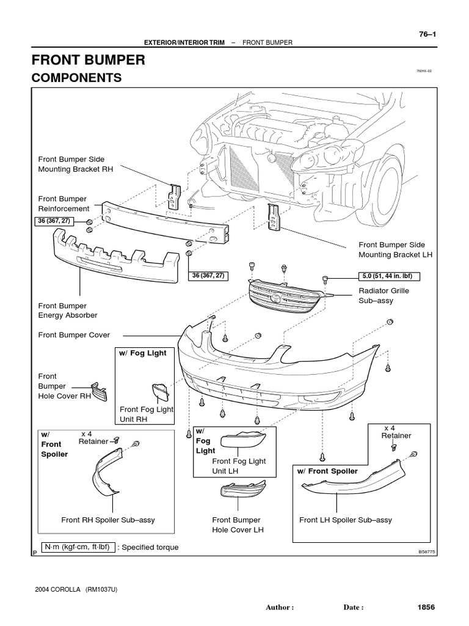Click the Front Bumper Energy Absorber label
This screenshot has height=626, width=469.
point(68,311)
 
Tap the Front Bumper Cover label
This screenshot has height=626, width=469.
point(75,335)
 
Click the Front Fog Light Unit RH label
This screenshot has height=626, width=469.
point(147,414)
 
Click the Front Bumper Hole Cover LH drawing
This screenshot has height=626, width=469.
point(243,491)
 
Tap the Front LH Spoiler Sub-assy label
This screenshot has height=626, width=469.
point(346,520)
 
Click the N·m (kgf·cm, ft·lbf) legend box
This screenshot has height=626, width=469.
point(77,547)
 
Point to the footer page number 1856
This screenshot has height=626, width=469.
point(426,608)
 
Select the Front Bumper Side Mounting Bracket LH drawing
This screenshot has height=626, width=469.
point(273,218)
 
